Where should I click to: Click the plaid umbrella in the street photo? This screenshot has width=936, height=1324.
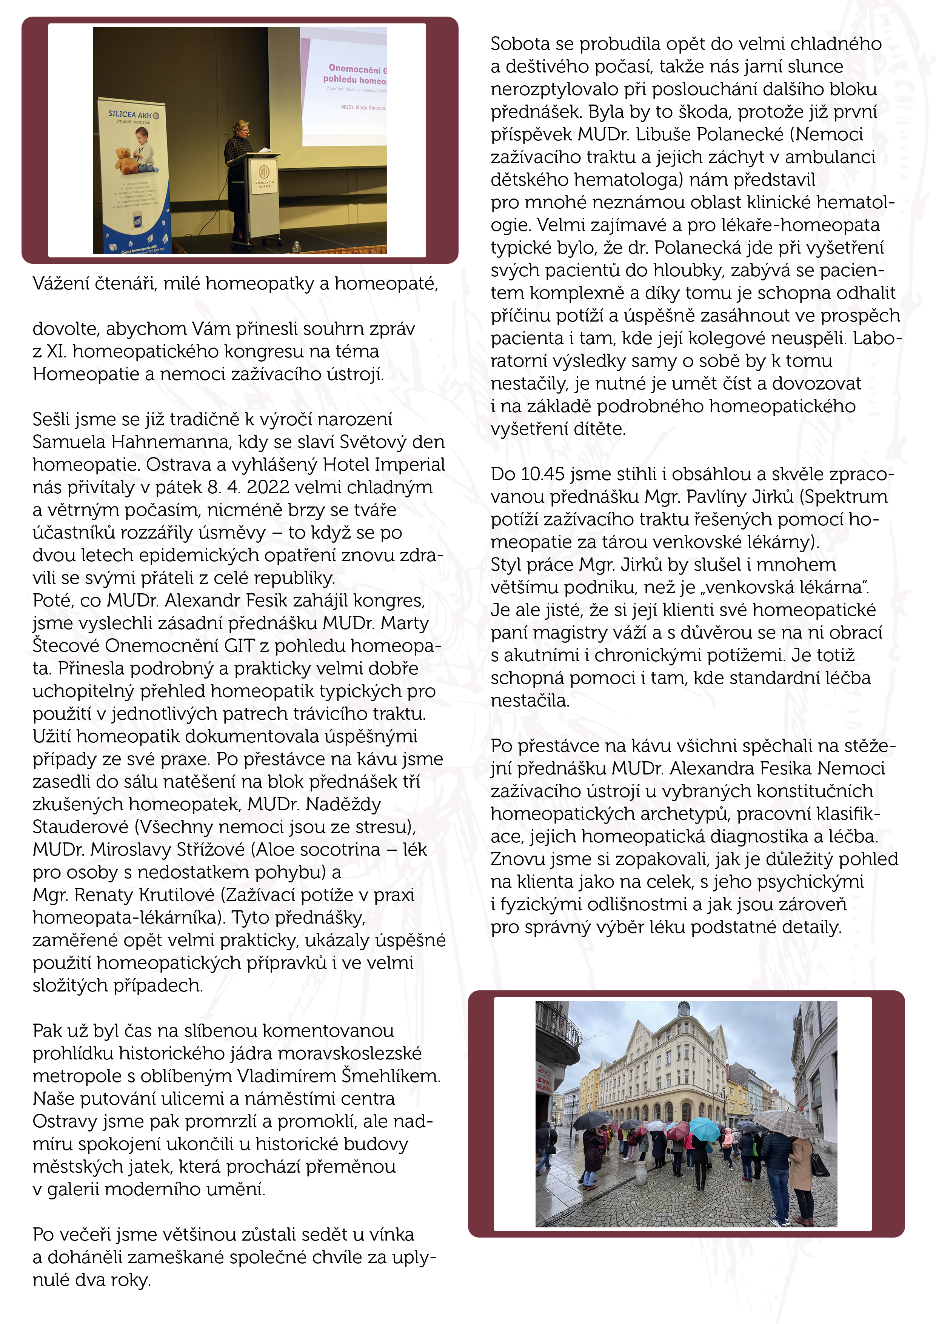coord(785,1122)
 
